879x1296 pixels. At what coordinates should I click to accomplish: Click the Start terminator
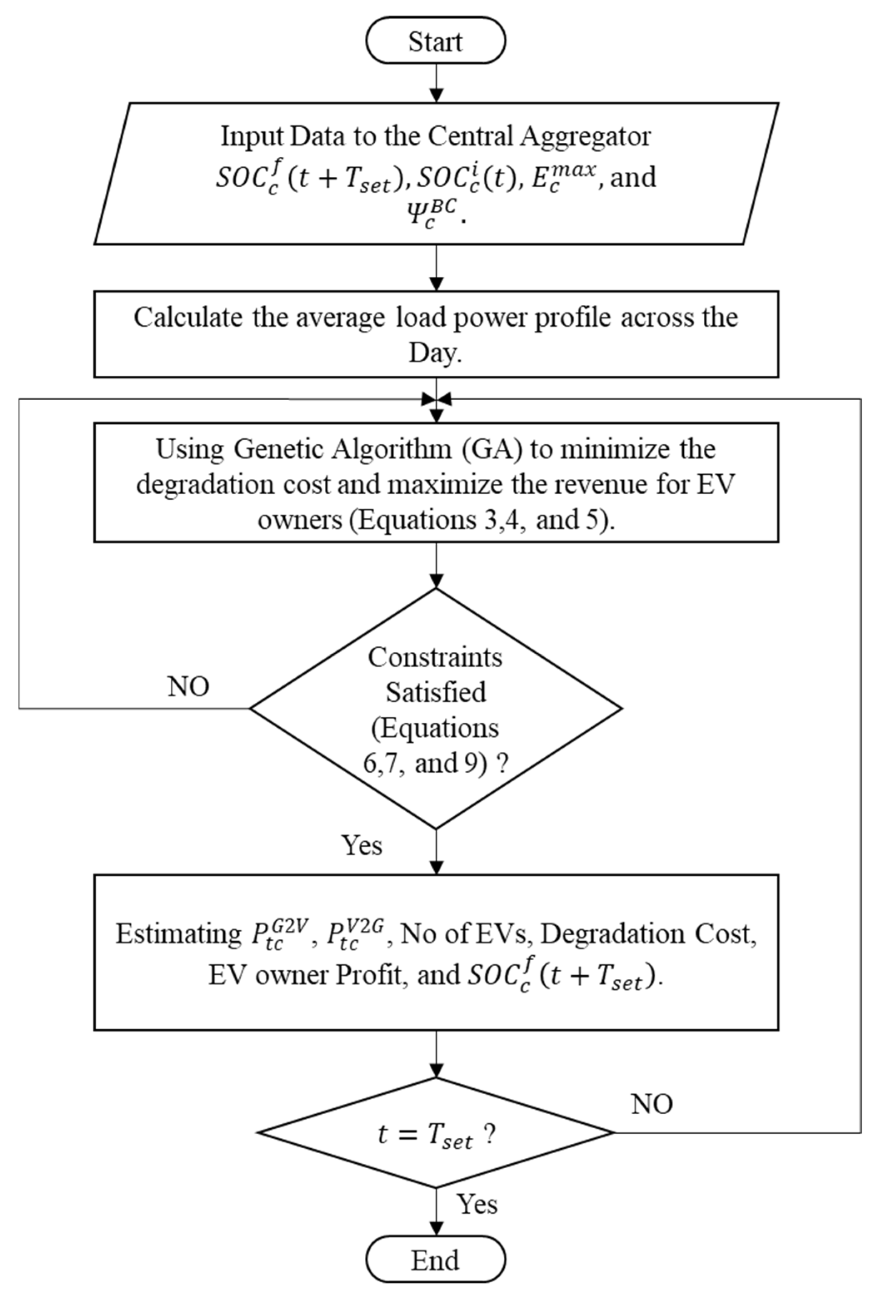click(x=435, y=40)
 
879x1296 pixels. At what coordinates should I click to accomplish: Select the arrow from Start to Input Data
click(x=436, y=82)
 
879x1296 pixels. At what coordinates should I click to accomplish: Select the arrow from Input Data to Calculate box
click(x=436, y=268)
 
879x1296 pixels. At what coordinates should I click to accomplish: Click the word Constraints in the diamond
click(x=435, y=657)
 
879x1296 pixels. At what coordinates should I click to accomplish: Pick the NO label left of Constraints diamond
click(x=188, y=686)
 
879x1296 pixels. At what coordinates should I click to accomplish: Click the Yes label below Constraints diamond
click(x=362, y=845)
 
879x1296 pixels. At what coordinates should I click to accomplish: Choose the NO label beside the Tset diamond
click(x=651, y=1104)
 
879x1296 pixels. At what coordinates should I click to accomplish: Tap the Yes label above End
click(x=477, y=1204)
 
